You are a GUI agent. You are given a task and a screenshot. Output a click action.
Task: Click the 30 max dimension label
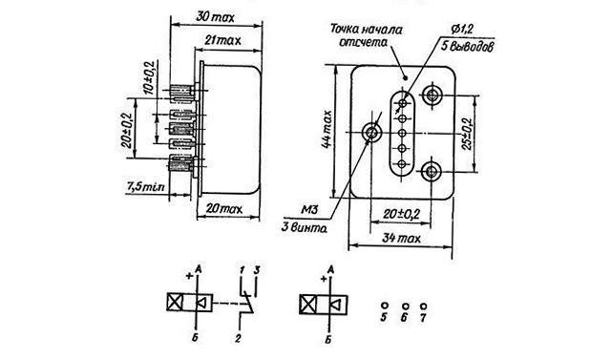coord(215,17)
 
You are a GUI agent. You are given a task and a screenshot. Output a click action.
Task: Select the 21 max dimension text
coord(222,40)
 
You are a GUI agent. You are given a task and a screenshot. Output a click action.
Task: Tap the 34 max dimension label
coord(401,238)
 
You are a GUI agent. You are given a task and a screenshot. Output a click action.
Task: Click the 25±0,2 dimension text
coord(467,134)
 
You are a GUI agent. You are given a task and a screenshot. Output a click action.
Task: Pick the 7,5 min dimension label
coord(145,186)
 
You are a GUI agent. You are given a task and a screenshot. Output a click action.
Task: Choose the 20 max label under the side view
coord(224,209)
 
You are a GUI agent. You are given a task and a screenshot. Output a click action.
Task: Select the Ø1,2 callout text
coord(462,29)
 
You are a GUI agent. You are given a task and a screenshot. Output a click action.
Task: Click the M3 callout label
coord(310,210)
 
